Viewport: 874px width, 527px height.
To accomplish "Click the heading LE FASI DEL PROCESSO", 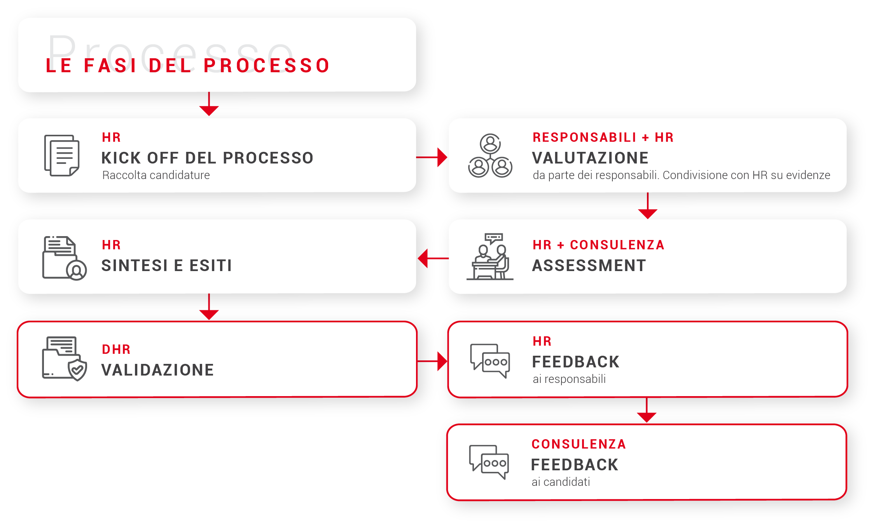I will [x=188, y=65].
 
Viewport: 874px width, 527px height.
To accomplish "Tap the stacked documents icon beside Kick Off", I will [x=62, y=155].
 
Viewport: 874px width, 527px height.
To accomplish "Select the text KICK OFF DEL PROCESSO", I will [x=207, y=158].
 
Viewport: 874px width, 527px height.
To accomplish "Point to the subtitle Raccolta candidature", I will [x=156, y=175].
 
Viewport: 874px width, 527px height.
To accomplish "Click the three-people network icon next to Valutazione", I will [x=490, y=156].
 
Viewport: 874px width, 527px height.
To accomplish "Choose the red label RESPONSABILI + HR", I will [x=603, y=137].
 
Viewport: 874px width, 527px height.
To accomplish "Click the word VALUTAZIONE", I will [x=590, y=158].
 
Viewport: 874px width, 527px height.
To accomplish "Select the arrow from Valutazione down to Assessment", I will [x=647, y=206].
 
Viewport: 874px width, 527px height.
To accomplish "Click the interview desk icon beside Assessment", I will [x=490, y=257].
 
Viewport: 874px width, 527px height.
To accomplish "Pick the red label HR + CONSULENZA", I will [x=598, y=245].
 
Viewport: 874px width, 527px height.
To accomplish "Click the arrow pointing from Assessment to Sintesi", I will [x=432, y=258].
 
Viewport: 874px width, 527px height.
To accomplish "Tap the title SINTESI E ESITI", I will [x=167, y=266].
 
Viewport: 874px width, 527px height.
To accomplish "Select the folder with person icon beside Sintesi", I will [x=64, y=258].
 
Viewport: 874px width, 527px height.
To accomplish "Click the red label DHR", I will [x=116, y=350].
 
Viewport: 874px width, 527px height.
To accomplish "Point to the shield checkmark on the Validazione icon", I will [x=77, y=370].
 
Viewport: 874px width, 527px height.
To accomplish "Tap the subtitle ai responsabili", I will [x=569, y=379].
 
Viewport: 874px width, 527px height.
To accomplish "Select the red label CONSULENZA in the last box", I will [x=579, y=444].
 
